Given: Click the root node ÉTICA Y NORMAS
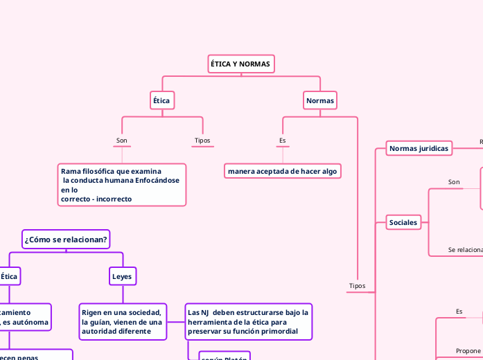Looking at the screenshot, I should click(x=240, y=64).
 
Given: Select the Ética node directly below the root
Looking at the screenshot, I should click(x=161, y=100).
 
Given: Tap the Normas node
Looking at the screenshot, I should click(x=319, y=100).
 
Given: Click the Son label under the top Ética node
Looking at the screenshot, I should click(x=121, y=141).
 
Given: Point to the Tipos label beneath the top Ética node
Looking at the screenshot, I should click(x=202, y=141).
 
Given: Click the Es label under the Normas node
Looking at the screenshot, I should click(x=282, y=141).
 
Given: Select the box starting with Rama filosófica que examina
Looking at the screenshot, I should click(x=121, y=185).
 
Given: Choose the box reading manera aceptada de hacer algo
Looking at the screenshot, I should click(x=282, y=171).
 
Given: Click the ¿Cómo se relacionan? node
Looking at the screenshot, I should click(x=66, y=240).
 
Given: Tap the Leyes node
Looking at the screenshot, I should click(x=122, y=276).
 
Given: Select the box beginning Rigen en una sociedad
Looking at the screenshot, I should click(x=122, y=322).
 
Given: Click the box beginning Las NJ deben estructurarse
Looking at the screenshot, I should click(x=248, y=322).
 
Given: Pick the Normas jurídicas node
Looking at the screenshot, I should click(x=419, y=148).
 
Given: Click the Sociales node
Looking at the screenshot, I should click(x=403, y=222).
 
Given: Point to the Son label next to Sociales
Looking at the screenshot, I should click(x=454, y=182).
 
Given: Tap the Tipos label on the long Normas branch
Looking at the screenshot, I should click(x=357, y=285).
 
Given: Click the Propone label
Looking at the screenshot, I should click(x=468, y=351).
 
